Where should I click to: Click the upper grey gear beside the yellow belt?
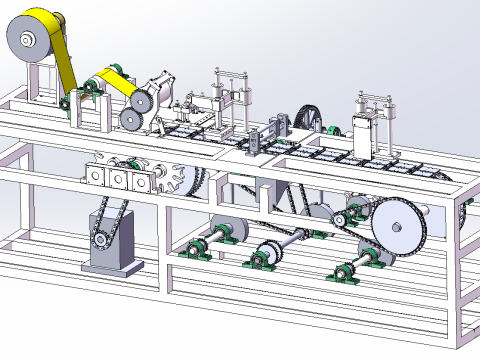pyautogui.click(x=141, y=100)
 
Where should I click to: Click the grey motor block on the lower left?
pyautogui.click(x=110, y=254)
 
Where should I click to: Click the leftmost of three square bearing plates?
pyautogui.click(x=98, y=178)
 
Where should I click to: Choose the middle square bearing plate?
pyautogui.click(x=117, y=179)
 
